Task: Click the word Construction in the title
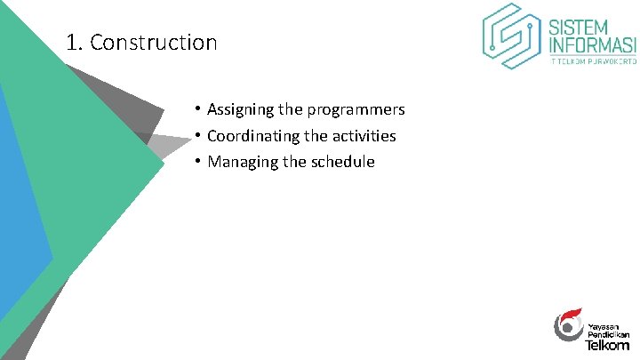(153, 42)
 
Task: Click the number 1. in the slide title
(76, 42)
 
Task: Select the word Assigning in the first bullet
(240, 109)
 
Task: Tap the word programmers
(356, 109)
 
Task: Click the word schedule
(342, 162)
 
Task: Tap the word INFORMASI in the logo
(593, 44)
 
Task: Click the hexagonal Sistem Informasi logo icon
(512, 36)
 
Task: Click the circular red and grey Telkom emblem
(568, 325)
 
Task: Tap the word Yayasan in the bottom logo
(602, 325)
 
